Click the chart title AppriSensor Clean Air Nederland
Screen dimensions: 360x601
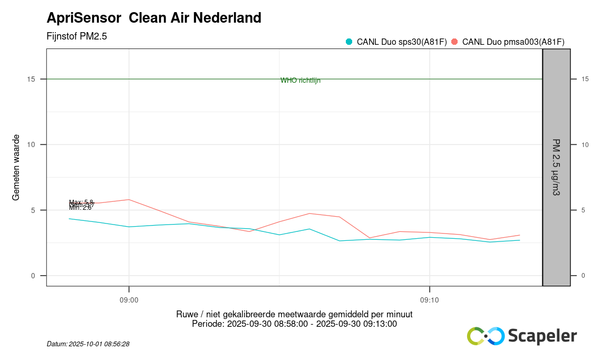[154, 18]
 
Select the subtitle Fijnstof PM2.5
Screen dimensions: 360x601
[77, 36]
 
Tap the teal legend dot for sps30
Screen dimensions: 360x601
[348, 42]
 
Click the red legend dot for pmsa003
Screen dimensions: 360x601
[454, 42]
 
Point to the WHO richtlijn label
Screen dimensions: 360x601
[300, 81]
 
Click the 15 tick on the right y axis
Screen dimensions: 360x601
[585, 79]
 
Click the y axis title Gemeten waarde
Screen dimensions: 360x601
[16, 167]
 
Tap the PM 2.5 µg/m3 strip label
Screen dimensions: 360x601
[556, 167]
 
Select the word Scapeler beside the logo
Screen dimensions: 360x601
[542, 336]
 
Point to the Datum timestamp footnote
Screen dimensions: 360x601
[88, 344]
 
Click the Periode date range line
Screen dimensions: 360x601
[294, 324]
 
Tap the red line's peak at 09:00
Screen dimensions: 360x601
[129, 200]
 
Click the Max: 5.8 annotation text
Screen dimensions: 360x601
[81, 202]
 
